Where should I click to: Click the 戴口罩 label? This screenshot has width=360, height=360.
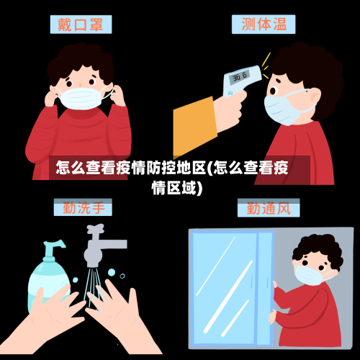[x=81, y=24]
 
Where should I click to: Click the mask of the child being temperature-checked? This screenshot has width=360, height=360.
[x=282, y=109]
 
